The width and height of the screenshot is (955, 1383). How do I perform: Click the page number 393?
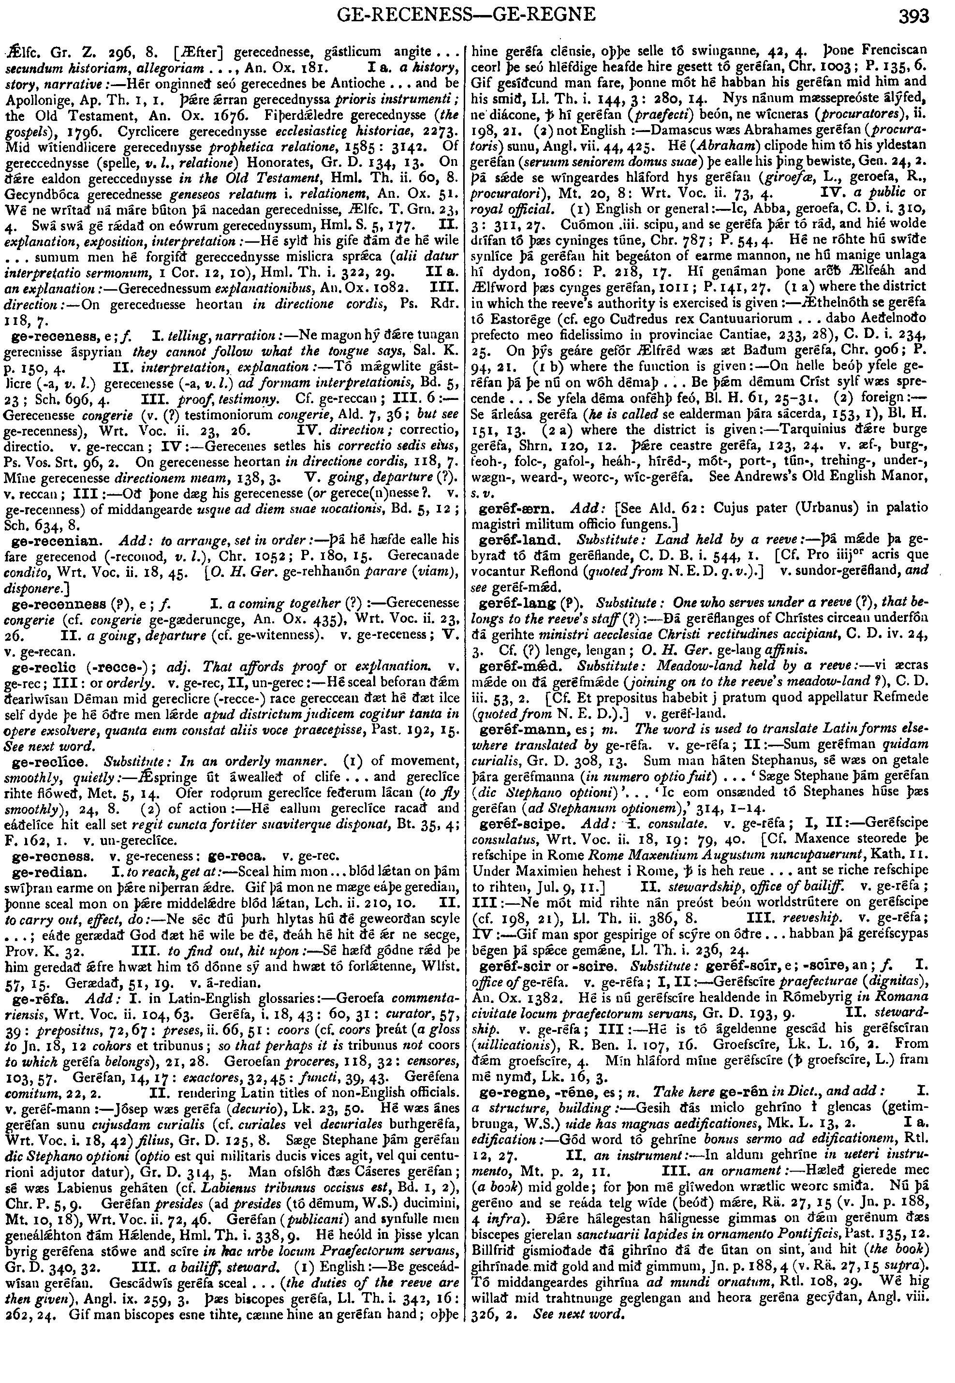[x=914, y=15]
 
